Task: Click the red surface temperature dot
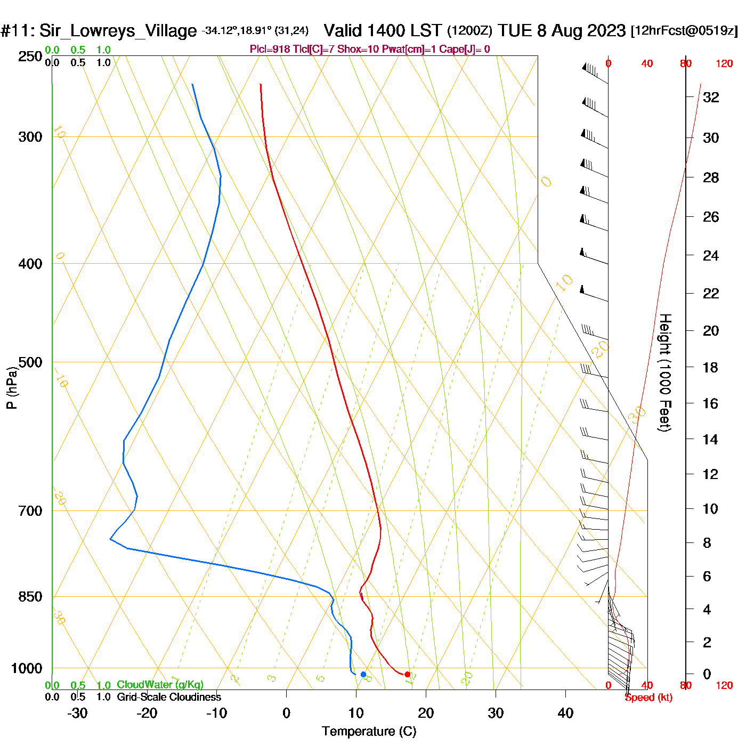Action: [407, 675]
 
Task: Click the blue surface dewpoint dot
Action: [363, 675]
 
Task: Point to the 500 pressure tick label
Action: [30, 362]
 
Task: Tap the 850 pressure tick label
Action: [30, 597]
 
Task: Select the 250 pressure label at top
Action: [30, 56]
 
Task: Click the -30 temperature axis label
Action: [77, 713]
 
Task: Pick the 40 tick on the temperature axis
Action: [565, 713]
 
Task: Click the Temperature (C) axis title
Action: [369, 731]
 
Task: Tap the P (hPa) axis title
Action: [12, 387]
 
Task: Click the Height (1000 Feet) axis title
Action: [664, 372]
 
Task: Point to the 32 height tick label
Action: [711, 97]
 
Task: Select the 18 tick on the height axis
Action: [710, 367]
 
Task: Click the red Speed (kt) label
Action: [648, 698]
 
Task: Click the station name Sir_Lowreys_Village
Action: [118, 31]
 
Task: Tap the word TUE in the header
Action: [515, 31]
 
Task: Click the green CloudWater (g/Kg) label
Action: [160, 685]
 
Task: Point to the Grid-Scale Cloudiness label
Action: [169, 697]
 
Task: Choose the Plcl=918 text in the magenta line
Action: [270, 50]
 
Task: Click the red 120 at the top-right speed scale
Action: [724, 64]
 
